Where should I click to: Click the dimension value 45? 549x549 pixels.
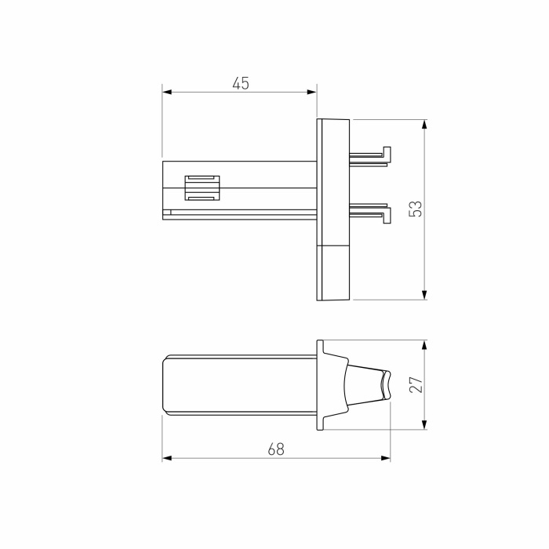pyautogui.click(x=241, y=83)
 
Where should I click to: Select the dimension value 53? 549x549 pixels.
pyautogui.click(x=416, y=209)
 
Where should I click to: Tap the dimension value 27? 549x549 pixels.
pyautogui.click(x=416, y=384)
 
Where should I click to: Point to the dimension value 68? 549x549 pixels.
pyautogui.click(x=275, y=449)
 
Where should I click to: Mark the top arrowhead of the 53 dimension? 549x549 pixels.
pyautogui.click(x=424, y=124)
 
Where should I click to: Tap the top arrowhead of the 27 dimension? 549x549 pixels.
pyautogui.click(x=424, y=344)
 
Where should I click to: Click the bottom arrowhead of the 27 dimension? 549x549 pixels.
pyautogui.click(x=424, y=425)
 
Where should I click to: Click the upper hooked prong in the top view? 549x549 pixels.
pyautogui.click(x=370, y=156)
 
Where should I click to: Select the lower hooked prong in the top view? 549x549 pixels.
pyautogui.click(x=370, y=212)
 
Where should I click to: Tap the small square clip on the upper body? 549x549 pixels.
pyautogui.click(x=203, y=187)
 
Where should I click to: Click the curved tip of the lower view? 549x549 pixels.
pyautogui.click(x=385, y=384)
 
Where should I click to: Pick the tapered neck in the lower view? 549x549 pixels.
pyautogui.click(x=363, y=384)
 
